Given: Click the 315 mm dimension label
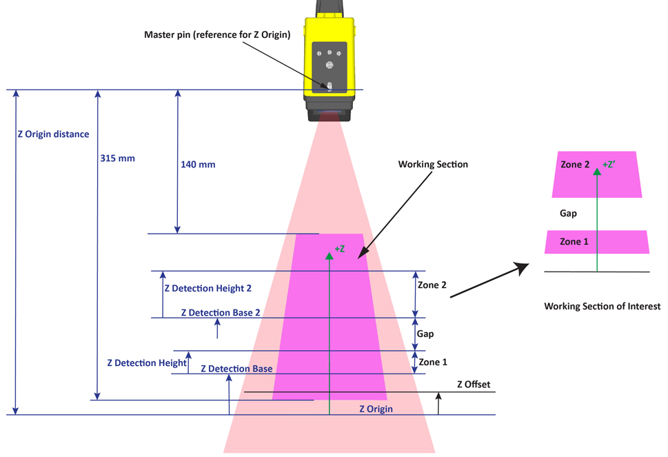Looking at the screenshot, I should click(117, 158).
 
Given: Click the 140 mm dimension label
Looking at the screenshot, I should click(198, 165).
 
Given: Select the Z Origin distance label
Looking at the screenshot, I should click(53, 134).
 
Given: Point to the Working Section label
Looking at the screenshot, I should click(433, 164).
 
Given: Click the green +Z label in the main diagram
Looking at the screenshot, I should click(339, 248).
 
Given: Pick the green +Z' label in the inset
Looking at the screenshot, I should click(609, 165).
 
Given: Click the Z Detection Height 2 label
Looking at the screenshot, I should click(208, 289).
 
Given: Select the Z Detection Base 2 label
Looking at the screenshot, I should click(221, 312).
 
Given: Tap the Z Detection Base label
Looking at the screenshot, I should click(236, 369).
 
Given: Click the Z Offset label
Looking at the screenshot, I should click(474, 384).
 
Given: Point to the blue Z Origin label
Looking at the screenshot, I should click(376, 409).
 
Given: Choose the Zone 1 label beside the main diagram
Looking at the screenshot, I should click(433, 362).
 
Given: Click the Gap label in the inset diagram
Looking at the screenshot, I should click(568, 213).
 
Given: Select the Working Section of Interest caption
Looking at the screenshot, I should click(602, 306).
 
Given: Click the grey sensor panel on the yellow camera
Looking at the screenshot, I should click(330, 68).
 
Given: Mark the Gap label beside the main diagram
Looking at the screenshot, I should click(425, 334).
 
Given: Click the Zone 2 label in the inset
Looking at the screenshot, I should click(575, 165).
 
